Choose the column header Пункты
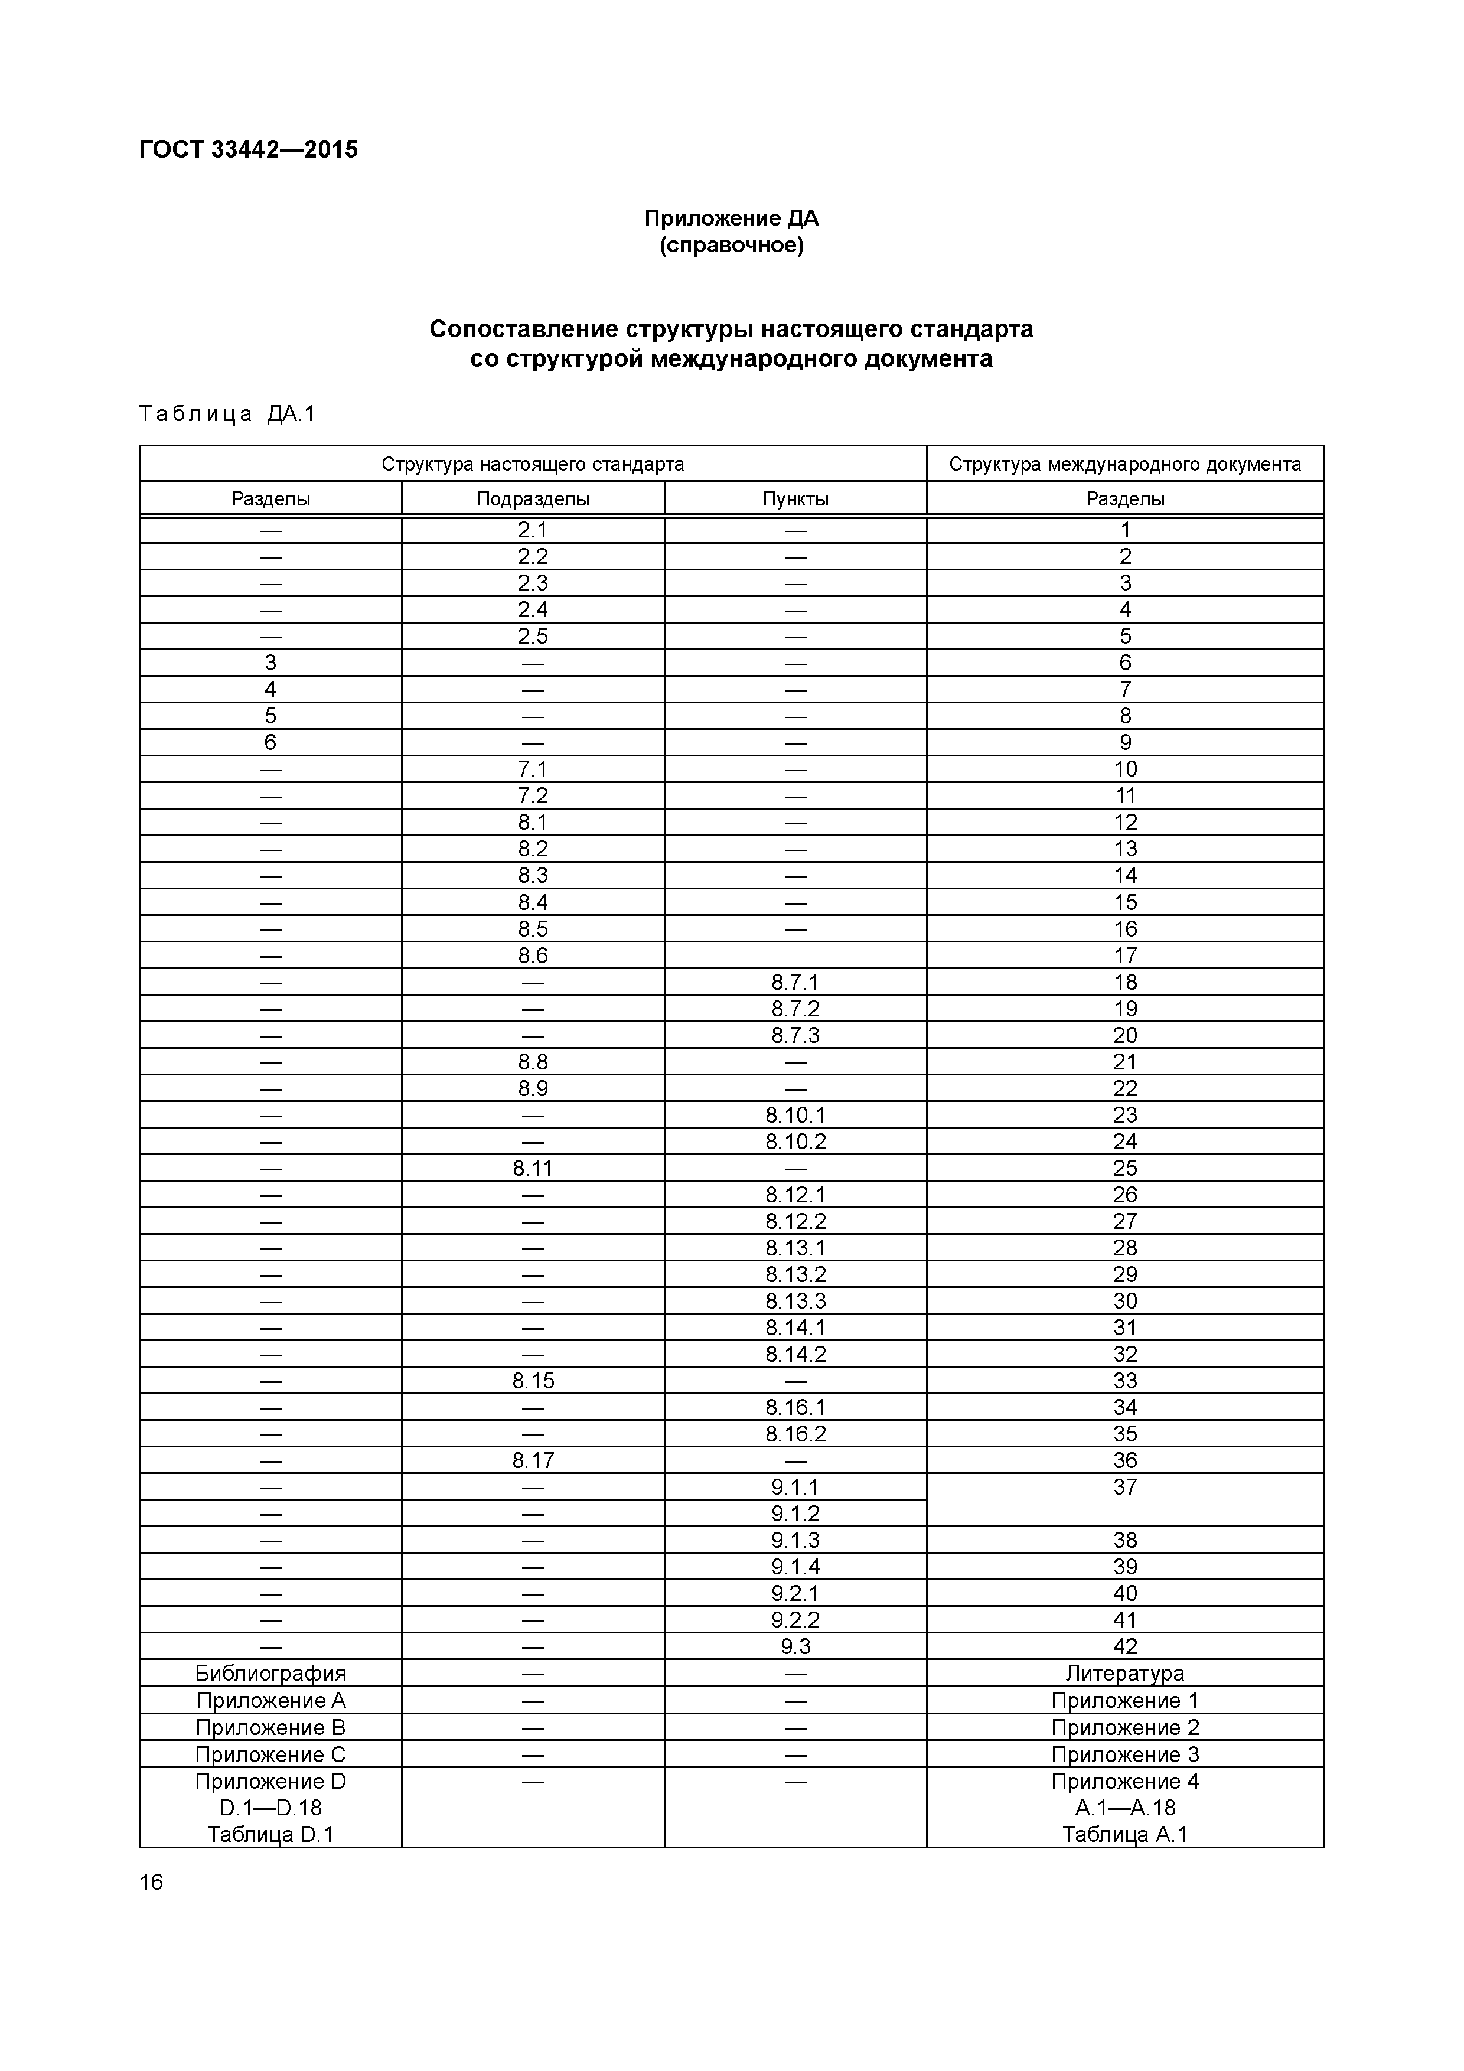[x=795, y=499]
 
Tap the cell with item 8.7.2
[x=795, y=1009]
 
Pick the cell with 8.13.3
[x=795, y=1301]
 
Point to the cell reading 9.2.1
[x=795, y=1593]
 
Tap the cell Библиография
[x=270, y=1673]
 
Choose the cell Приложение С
[x=270, y=1754]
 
